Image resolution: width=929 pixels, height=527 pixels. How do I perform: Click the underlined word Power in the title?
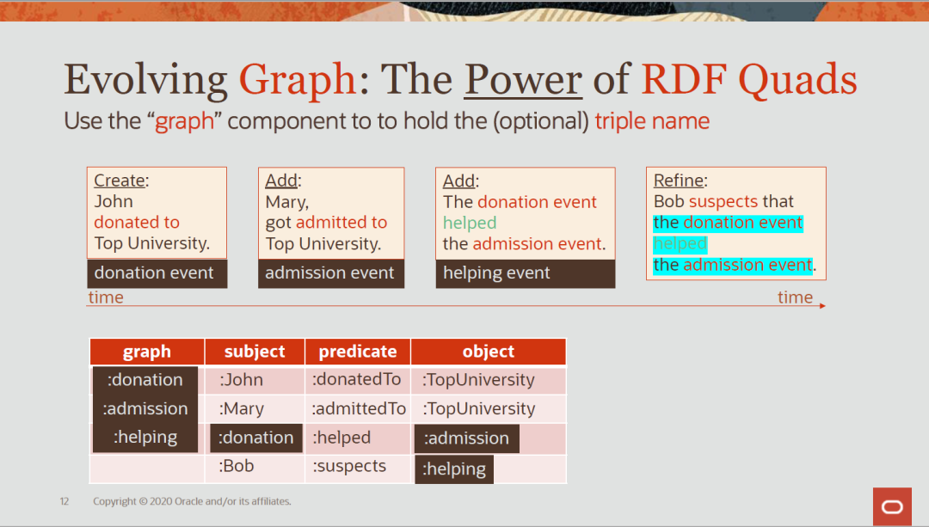523,80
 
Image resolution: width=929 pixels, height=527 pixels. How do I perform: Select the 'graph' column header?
147,352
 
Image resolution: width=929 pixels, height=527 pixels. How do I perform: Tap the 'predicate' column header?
358,352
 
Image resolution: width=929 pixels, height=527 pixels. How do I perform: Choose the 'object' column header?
488,352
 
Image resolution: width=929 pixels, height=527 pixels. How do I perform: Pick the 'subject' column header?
255,352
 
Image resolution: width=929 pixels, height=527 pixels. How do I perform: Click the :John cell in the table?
242,380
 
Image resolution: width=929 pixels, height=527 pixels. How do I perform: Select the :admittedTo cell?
359,408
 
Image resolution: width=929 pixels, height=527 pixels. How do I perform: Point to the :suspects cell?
349,466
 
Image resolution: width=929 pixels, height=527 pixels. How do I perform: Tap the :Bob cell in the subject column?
237,466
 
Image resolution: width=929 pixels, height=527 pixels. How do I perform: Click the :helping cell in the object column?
454,469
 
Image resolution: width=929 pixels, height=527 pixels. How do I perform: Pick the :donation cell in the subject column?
256,438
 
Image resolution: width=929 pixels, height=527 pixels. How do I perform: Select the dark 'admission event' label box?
330,273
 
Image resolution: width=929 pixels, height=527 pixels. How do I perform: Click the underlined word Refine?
679,181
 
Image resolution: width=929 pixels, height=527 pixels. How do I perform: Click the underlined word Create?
120,181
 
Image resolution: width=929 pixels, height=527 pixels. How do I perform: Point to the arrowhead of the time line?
822,305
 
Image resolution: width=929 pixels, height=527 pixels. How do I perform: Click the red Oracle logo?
892,506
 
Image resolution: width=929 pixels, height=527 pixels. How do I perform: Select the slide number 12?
65,501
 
